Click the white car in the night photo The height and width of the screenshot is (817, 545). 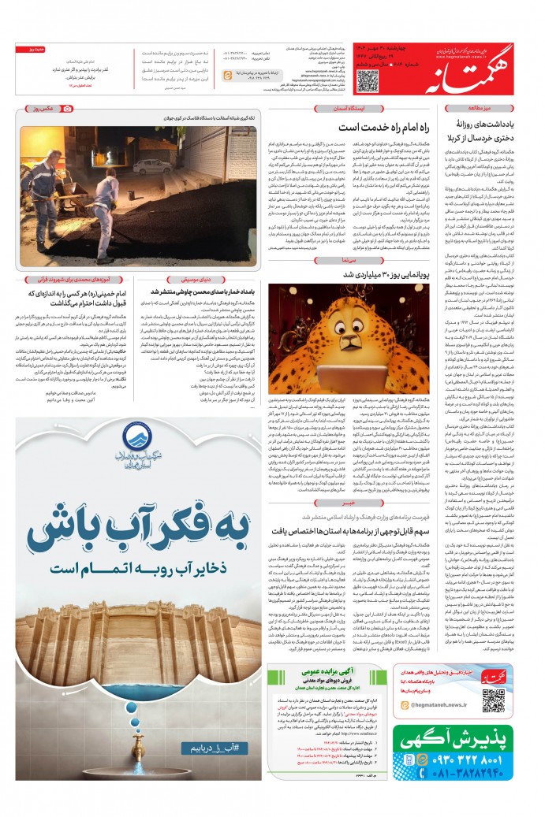tap(147, 166)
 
